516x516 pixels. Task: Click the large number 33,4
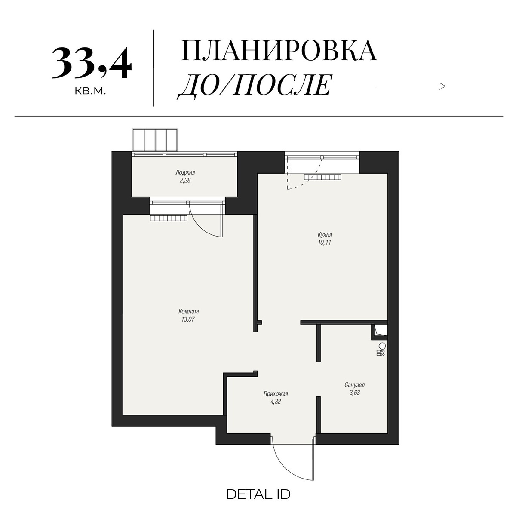[91, 64]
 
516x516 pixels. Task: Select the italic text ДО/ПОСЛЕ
[255, 85]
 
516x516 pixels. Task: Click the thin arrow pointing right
[410, 86]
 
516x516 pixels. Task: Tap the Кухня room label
[325, 235]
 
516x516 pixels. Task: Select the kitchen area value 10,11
[325, 243]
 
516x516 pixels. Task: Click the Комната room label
[188, 311]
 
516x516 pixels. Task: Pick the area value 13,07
[188, 319]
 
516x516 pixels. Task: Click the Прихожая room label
[276, 393]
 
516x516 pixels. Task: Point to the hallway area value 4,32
[276, 402]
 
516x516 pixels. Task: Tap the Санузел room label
[354, 385]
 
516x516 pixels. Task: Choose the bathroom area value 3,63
[354, 393]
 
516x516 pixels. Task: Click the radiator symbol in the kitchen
[322, 177]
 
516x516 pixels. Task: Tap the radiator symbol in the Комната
[169, 218]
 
